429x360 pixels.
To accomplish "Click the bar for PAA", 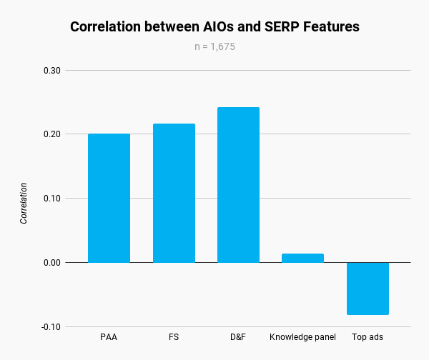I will pos(109,198).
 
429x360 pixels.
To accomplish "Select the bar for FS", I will pos(174,193).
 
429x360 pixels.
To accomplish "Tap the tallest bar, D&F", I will pos(238,185).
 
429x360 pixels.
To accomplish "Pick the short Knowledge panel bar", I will pos(302,258).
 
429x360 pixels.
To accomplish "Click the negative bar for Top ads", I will pos(368,289).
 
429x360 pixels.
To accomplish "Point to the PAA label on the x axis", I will pos(109,336).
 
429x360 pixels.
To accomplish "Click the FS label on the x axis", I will pos(174,336).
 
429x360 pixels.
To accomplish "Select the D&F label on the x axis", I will pos(238,336).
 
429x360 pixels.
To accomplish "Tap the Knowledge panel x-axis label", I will pos(302,336).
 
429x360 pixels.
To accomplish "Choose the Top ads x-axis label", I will pos(368,336).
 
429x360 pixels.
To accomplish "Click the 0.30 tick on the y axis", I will pos(52,71).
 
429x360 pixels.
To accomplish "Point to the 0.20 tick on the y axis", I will pos(52,134).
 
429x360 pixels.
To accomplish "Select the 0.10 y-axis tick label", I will pos(52,199).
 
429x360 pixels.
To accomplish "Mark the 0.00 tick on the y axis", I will pos(52,263).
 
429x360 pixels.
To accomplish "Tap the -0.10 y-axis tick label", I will pos(51,327).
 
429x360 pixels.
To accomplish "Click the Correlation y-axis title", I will pos(24,204).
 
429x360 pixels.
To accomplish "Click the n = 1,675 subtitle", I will pos(214,47).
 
